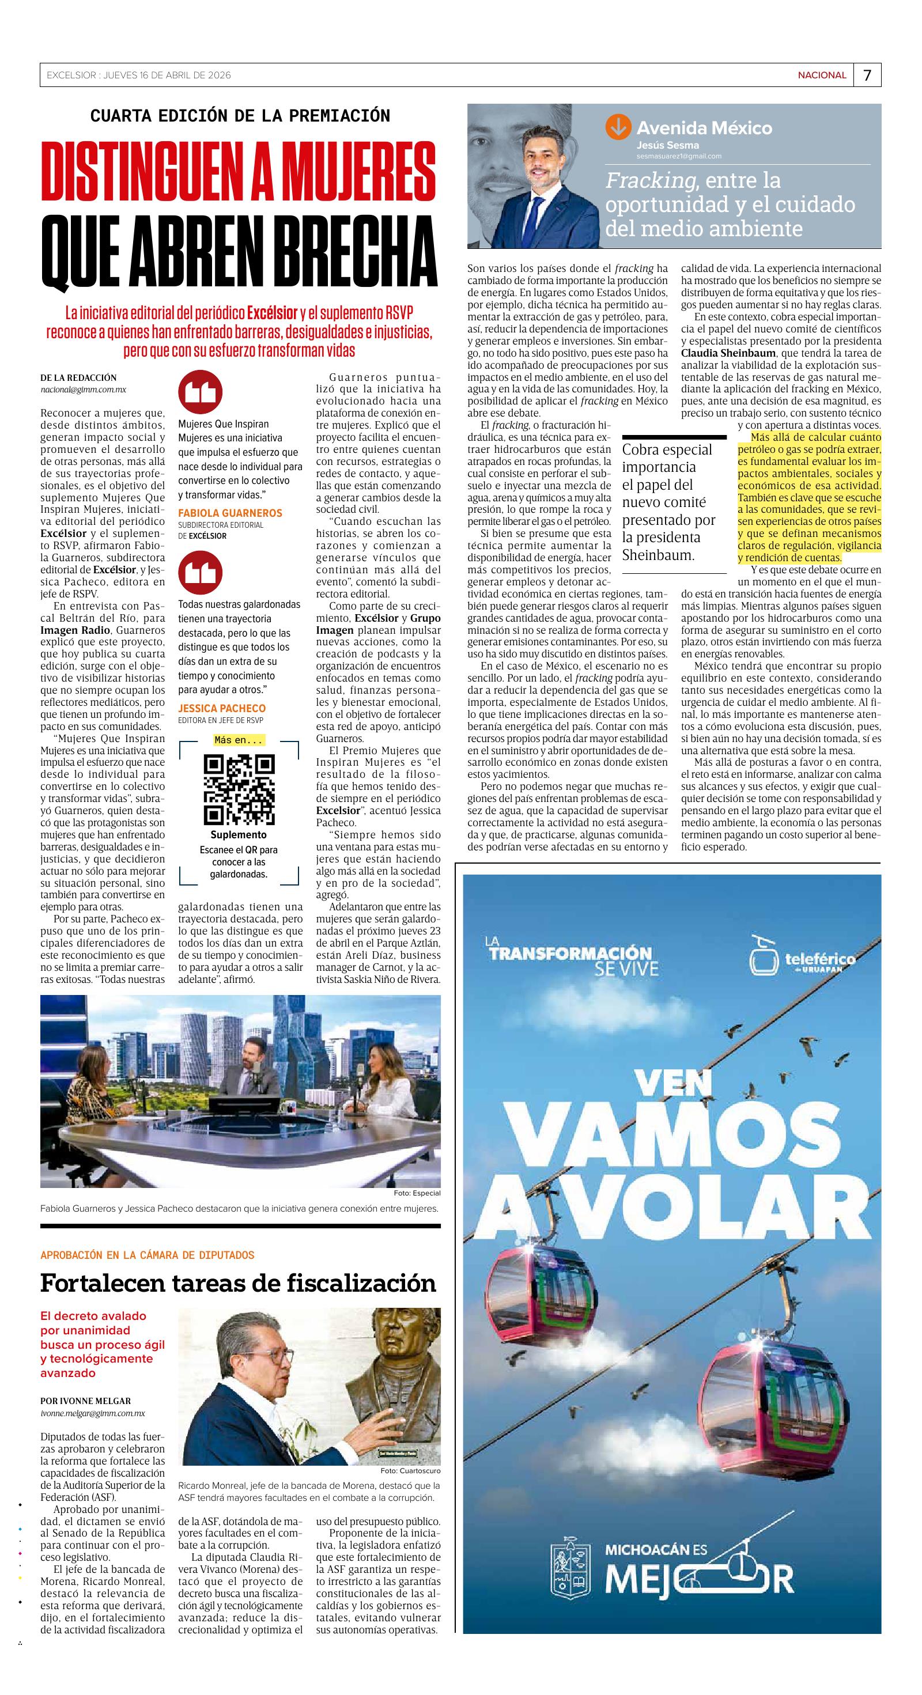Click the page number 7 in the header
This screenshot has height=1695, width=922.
[867, 75]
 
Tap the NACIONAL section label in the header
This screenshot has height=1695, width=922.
[821, 75]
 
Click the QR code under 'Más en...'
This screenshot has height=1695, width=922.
[239, 789]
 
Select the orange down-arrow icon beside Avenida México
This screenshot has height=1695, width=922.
[618, 126]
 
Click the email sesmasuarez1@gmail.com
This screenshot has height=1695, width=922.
[678, 156]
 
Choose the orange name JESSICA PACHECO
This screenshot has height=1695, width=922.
[222, 708]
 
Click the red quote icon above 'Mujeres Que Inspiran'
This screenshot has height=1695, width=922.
[200, 392]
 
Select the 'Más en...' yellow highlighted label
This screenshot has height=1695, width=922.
[239, 740]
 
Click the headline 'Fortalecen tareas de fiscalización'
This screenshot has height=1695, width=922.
[238, 1282]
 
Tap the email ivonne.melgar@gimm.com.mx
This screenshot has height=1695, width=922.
[93, 1413]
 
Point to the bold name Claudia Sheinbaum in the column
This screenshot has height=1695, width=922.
[719, 353]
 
